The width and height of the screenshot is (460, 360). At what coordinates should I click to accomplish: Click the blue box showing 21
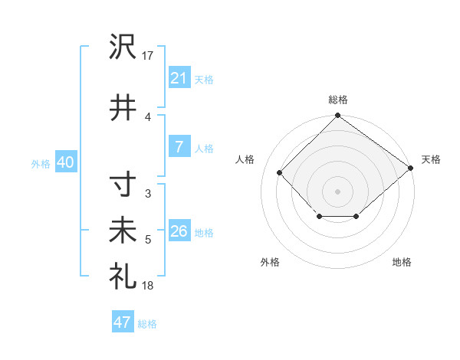point(179,78)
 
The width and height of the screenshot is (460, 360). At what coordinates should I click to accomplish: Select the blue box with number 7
point(179,148)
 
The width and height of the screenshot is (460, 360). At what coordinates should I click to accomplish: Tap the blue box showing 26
point(179,231)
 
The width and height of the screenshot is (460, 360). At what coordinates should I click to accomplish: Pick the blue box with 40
point(65,162)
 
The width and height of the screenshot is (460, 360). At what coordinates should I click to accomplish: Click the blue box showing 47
point(122,322)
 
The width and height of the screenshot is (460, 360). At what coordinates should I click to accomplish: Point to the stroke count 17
point(148,55)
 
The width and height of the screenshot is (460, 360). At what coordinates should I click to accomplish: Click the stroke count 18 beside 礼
point(148,285)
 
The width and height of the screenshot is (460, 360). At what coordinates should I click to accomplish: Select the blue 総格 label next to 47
point(147,324)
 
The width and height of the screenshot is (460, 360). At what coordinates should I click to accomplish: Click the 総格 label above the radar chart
point(338,100)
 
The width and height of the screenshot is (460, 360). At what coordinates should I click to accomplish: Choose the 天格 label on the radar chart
point(431,159)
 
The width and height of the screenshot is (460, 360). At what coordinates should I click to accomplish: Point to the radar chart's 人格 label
point(245,159)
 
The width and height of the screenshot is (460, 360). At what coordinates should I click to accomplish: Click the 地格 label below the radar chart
point(402,262)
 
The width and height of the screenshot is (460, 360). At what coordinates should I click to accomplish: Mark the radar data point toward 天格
point(411,168)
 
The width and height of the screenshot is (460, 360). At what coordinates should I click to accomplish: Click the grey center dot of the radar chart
point(337,191)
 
